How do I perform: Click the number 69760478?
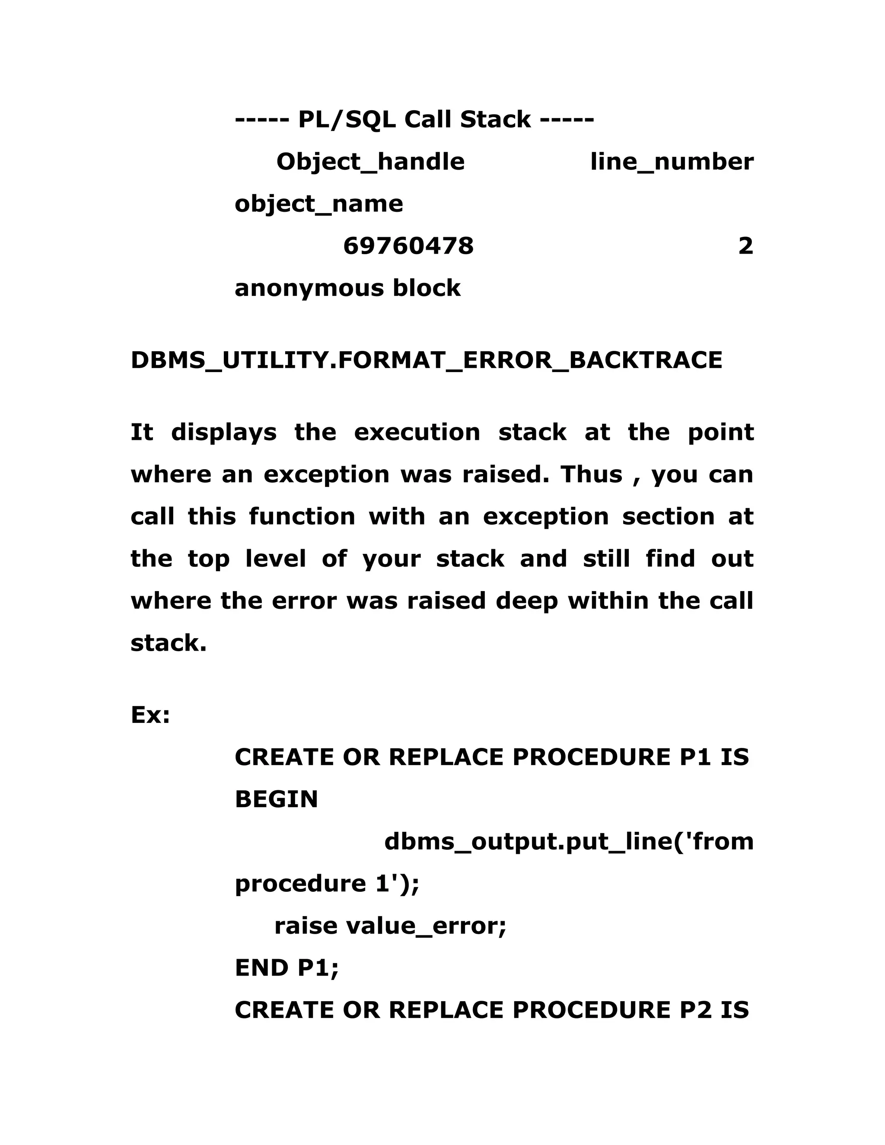(x=408, y=246)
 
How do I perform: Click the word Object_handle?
(x=370, y=162)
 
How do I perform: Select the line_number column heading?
(x=672, y=162)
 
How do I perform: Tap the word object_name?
(x=319, y=204)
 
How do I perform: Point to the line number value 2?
(x=745, y=246)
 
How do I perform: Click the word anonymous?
(x=309, y=288)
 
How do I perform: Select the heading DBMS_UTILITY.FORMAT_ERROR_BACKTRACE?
(x=426, y=360)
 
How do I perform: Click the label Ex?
(x=150, y=715)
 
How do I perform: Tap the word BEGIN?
(x=276, y=799)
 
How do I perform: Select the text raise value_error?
(x=390, y=926)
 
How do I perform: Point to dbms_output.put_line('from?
(x=569, y=841)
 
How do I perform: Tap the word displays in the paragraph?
(x=224, y=433)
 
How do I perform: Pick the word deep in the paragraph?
(x=527, y=601)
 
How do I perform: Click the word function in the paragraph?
(x=302, y=516)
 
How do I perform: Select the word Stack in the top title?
(x=496, y=120)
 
